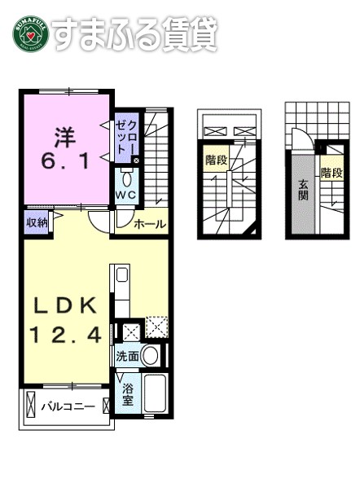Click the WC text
point(125,196)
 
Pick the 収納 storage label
point(37,222)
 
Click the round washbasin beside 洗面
point(150,355)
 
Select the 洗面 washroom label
point(128,356)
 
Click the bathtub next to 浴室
point(154,396)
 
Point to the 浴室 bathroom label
point(129,395)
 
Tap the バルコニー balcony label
point(68,406)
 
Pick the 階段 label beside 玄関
point(330,173)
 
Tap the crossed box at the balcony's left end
point(31,405)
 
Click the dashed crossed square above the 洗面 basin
point(156,329)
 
